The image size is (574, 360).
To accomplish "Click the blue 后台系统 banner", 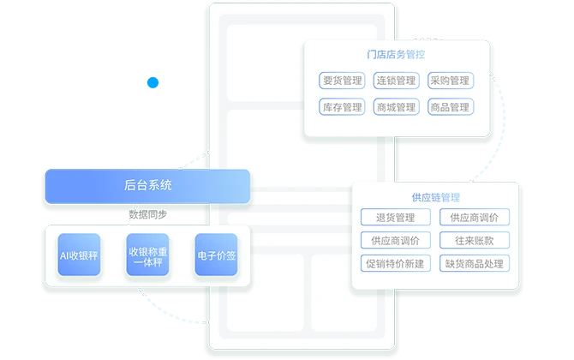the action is tap(147, 186).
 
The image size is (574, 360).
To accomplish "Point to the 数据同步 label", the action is tap(148, 214).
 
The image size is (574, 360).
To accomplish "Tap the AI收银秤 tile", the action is tap(79, 255).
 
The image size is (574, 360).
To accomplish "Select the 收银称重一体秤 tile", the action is tap(147, 255).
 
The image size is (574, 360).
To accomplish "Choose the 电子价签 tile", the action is tap(217, 255).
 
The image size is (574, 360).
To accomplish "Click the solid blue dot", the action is tap(152, 82).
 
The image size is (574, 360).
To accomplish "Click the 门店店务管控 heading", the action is tap(396, 55).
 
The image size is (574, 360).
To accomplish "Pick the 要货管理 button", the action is tap(342, 81).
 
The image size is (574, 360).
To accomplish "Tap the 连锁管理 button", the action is tap(396, 81).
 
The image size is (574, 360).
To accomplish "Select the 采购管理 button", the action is tap(451, 81).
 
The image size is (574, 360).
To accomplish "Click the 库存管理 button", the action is tap(342, 107).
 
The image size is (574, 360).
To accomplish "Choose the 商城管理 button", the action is tap(396, 107).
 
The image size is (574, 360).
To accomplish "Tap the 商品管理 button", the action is tap(451, 107).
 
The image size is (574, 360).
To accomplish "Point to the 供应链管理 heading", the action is tap(435, 198).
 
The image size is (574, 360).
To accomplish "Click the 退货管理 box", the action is tap(395, 217).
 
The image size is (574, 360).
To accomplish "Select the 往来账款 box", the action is tap(475, 240).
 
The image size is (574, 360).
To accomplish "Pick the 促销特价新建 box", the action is tap(395, 263).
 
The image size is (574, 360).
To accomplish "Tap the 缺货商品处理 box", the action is tap(475, 263).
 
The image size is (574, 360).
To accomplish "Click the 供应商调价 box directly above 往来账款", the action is tap(475, 217).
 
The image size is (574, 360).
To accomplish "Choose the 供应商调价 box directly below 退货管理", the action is tap(395, 240).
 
